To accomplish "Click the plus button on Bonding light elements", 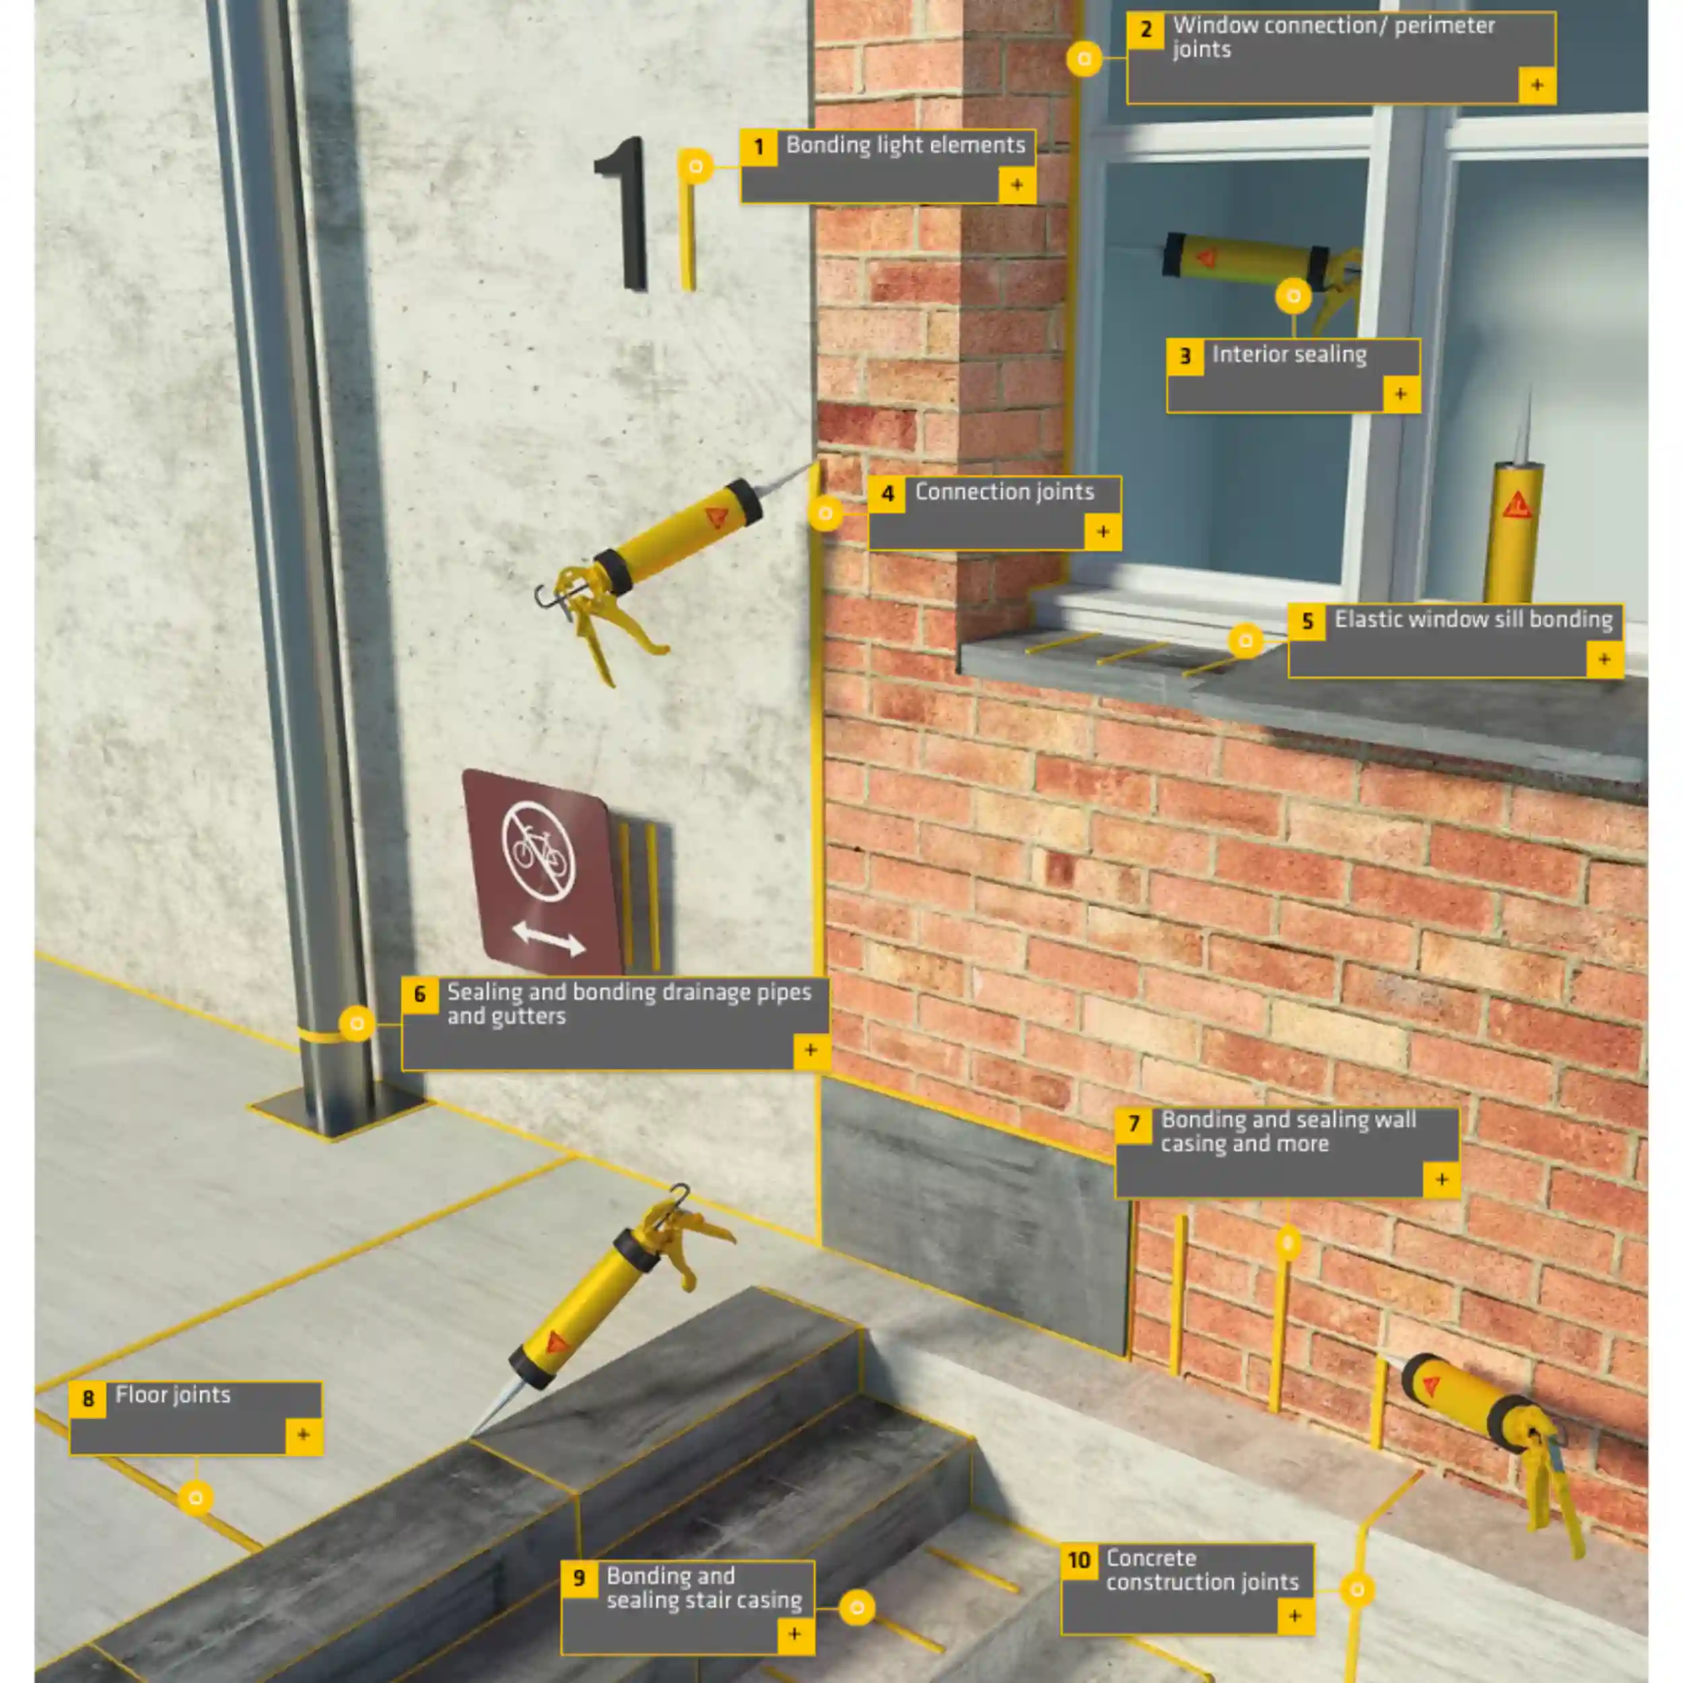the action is click(x=1017, y=184).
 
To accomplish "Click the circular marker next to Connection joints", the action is click(x=825, y=513).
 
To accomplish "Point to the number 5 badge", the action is click(x=1307, y=622).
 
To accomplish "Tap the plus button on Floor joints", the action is click(x=303, y=1435).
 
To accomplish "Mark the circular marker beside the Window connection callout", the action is click(x=1085, y=59).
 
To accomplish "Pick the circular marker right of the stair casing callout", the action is click(x=857, y=1607).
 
